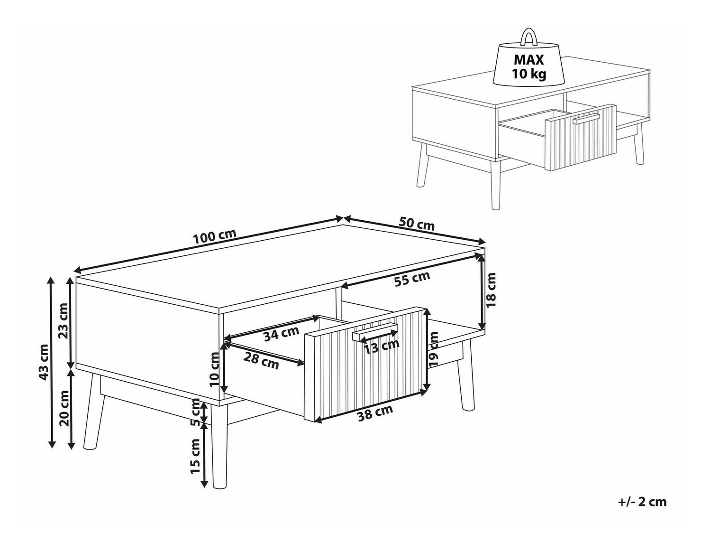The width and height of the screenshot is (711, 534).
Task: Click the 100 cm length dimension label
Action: point(214,236)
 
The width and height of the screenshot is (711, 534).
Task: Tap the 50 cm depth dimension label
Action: point(417,224)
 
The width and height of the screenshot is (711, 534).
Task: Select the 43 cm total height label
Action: point(43,362)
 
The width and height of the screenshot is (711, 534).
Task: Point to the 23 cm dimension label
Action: point(63,321)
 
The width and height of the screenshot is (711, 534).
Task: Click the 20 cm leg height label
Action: point(64,408)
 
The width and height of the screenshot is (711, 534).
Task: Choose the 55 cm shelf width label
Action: point(412,279)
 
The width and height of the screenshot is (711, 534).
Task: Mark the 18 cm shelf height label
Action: point(491,295)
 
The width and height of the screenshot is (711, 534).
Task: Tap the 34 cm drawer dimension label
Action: point(281,334)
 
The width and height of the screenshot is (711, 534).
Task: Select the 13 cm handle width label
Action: point(382,347)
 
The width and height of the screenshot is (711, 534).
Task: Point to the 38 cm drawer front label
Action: point(375,413)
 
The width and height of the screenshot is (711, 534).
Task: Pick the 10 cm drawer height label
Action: point(215,369)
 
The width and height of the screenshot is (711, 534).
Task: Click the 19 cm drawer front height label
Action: point(433,349)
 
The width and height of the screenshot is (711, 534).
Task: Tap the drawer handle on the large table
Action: point(375,331)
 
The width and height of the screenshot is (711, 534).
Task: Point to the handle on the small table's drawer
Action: point(586,119)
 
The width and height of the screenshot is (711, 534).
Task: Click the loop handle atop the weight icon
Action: point(529,37)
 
